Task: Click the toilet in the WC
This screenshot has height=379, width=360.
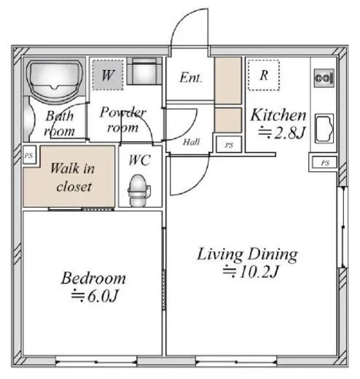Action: click(x=139, y=190)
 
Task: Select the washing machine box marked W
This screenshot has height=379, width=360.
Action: click(x=108, y=75)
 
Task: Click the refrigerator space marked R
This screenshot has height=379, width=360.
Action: click(x=264, y=75)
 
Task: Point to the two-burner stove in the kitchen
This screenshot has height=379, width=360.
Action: click(x=324, y=78)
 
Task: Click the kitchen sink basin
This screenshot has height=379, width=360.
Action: click(x=324, y=128)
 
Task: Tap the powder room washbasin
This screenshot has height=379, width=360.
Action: click(x=144, y=71)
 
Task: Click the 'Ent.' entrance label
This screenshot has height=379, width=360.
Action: click(x=191, y=78)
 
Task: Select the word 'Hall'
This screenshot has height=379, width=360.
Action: click(x=192, y=142)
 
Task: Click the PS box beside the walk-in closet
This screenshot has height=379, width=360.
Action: click(x=29, y=155)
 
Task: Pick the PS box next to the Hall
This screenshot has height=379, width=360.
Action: click(x=229, y=144)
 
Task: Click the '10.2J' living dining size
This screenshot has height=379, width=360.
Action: click(x=259, y=271)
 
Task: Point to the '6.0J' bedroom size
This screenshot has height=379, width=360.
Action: click(x=103, y=296)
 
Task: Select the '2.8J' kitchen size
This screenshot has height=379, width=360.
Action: click(x=289, y=133)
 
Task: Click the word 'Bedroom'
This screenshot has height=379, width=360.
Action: click(x=93, y=278)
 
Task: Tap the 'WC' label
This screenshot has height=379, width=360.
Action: click(x=140, y=160)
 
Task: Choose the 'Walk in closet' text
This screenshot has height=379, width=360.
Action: click(x=72, y=177)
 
